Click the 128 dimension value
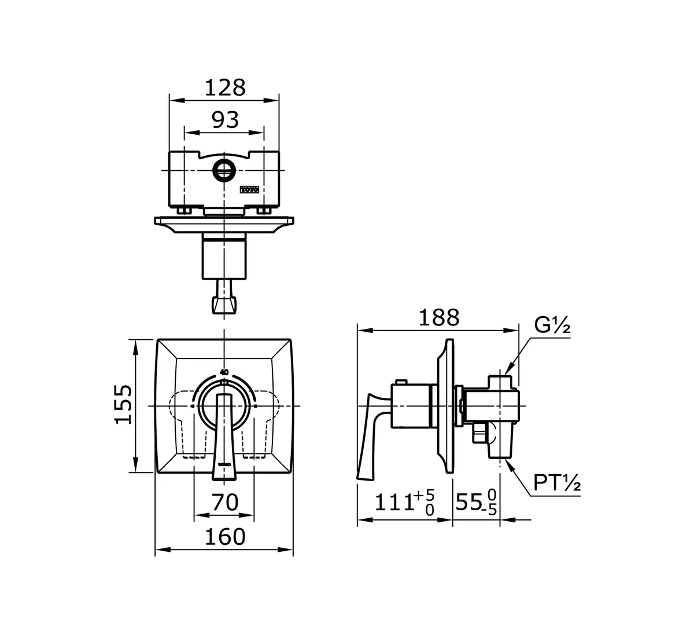[224, 87]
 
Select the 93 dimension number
[224, 120]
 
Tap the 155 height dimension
[124, 404]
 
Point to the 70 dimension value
[224, 502]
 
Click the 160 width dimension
[224, 537]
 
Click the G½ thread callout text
[552, 326]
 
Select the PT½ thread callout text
[556, 483]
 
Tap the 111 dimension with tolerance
[404, 502]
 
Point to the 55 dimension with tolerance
[476, 503]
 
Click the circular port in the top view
[223, 170]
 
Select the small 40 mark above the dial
[224, 372]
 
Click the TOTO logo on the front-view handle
[224, 464]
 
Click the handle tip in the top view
[224, 305]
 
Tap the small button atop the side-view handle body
[399, 382]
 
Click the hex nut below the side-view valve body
[479, 432]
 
